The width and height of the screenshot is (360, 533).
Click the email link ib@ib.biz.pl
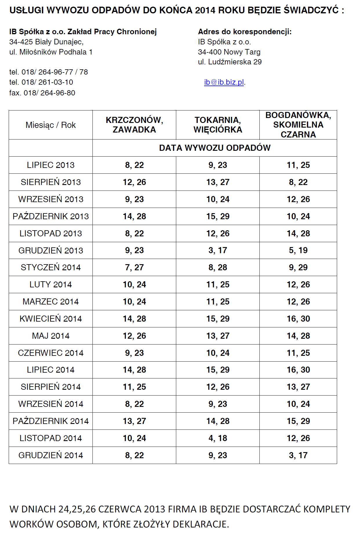pyautogui.click(x=224, y=82)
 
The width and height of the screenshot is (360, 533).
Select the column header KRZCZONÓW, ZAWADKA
pyautogui.click(x=134, y=125)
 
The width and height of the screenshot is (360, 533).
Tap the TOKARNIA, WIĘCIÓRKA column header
pyautogui.click(x=218, y=125)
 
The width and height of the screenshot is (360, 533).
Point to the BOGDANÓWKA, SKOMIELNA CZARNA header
pyautogui.click(x=298, y=125)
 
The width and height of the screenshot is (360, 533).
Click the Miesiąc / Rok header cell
pyautogui.click(x=51, y=125)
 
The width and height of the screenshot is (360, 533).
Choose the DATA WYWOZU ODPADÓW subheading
pyautogui.click(x=215, y=148)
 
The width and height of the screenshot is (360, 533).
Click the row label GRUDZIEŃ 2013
pyautogui.click(x=51, y=251)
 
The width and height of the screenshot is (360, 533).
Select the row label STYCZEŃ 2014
pyautogui.click(x=51, y=267)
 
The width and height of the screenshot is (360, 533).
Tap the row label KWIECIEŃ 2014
pyautogui.click(x=51, y=319)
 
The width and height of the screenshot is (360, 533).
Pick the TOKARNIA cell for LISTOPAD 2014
pyautogui.click(x=218, y=438)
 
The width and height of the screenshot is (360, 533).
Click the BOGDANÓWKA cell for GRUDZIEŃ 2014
pyautogui.click(x=298, y=455)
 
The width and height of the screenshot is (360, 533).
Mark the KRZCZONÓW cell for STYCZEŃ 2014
pyautogui.click(x=134, y=267)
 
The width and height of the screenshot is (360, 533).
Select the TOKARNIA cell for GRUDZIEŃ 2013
pyautogui.click(x=218, y=250)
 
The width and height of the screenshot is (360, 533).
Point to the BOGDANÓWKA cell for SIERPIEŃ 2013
pyautogui.click(x=298, y=182)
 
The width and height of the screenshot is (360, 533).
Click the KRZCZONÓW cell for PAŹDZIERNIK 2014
pyautogui.click(x=134, y=421)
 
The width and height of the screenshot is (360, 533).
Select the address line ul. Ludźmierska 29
pyautogui.click(x=230, y=62)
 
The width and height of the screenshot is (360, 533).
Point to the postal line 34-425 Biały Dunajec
pyautogui.click(x=46, y=42)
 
